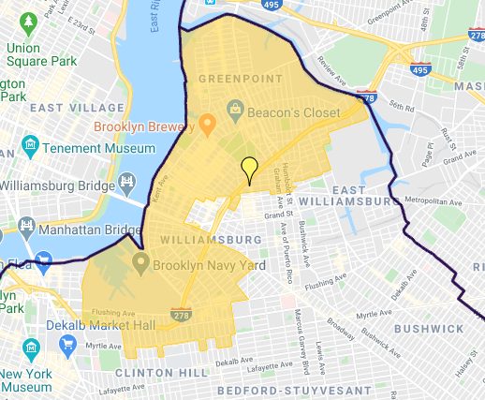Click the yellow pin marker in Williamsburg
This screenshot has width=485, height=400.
pos(248,169)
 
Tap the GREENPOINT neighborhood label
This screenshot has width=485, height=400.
pos(233,81)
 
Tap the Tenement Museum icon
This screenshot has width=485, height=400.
pos(31,146)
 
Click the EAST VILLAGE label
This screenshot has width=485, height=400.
pos(71,108)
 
